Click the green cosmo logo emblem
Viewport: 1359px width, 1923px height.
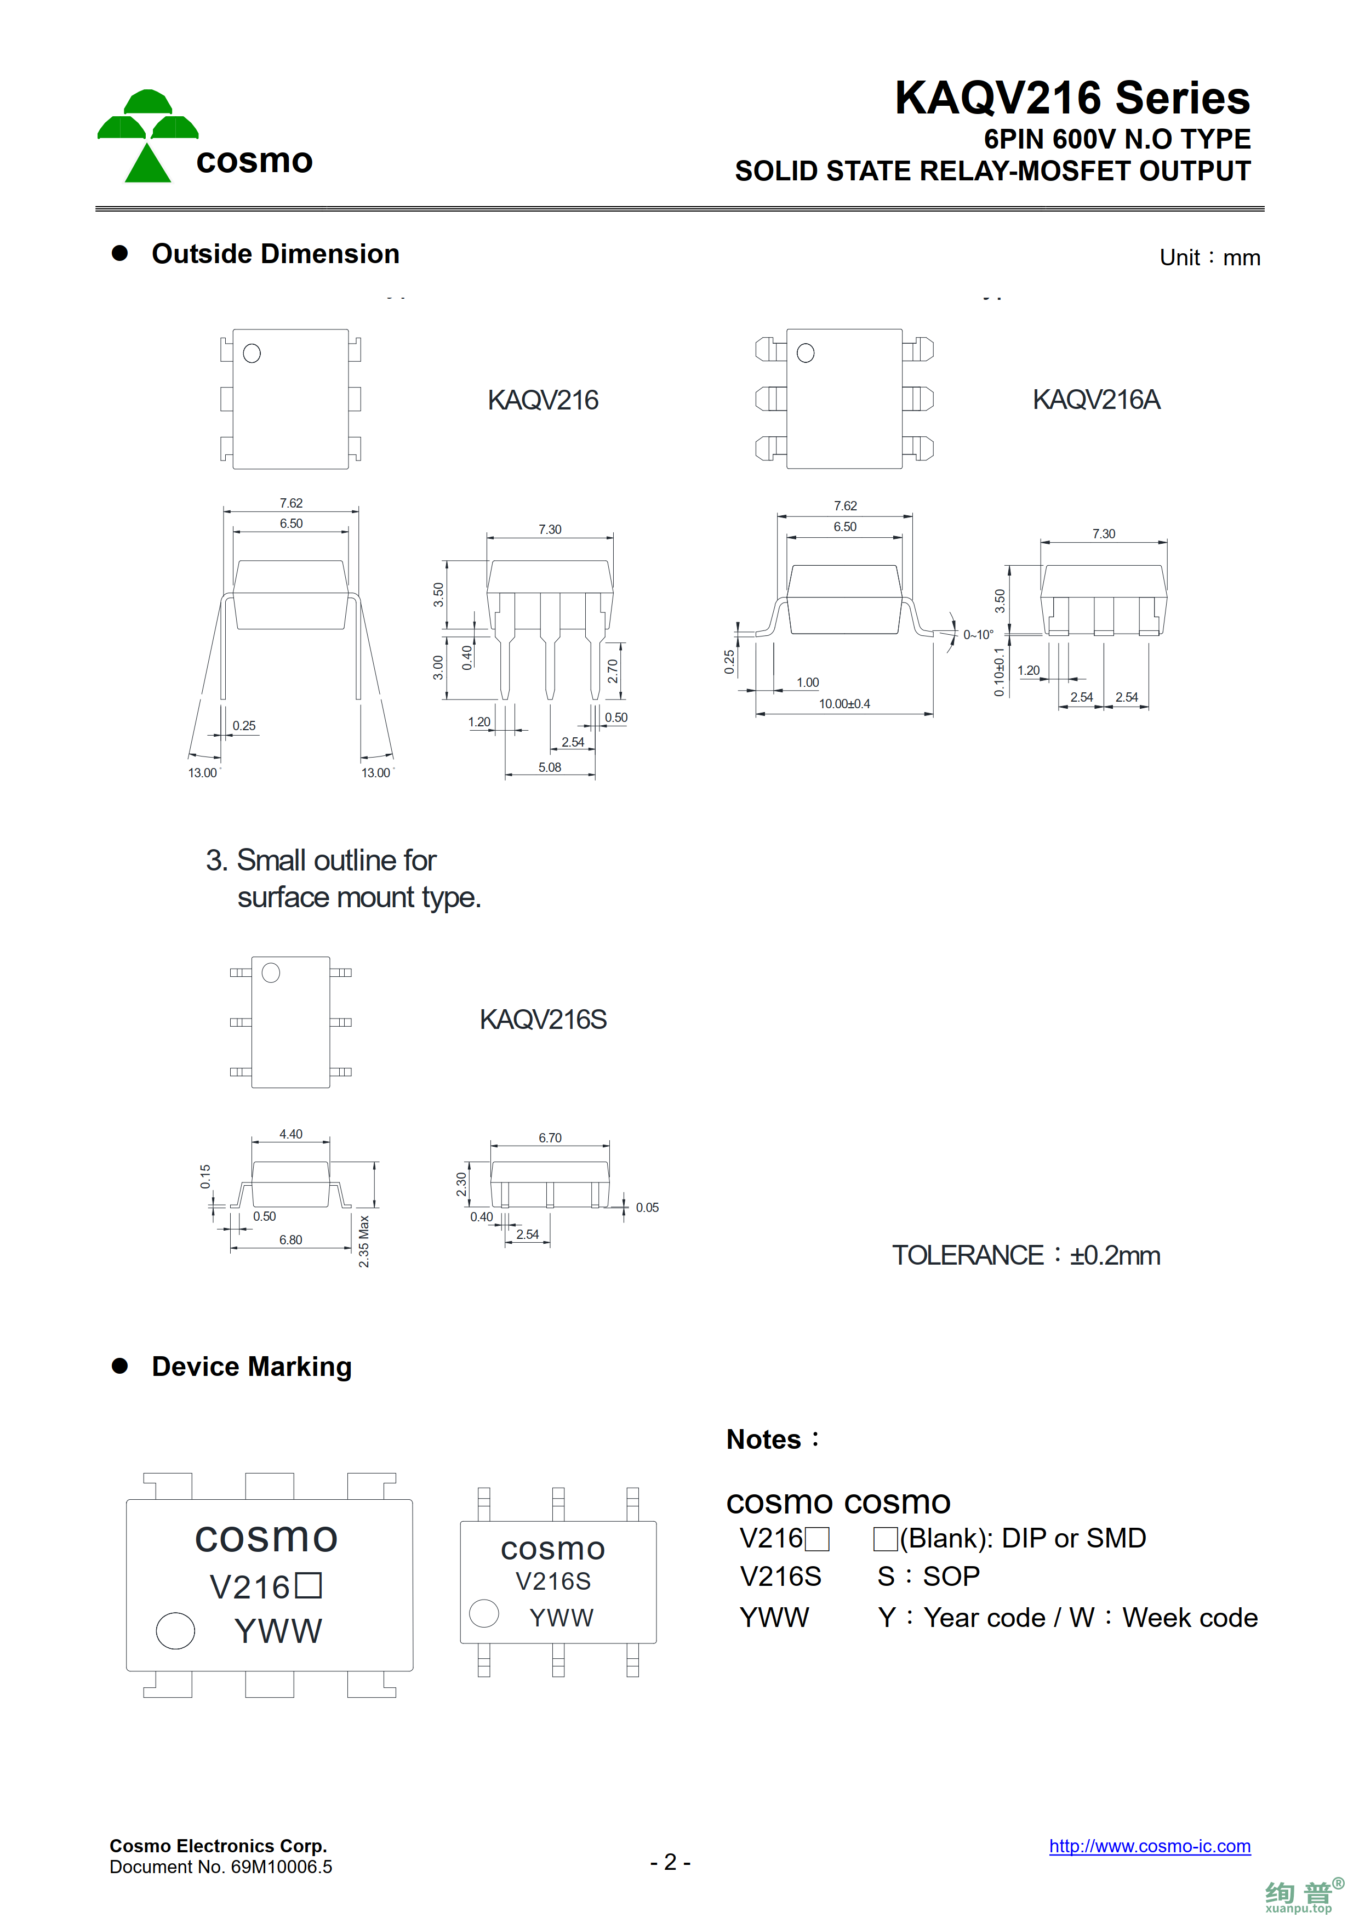coord(147,136)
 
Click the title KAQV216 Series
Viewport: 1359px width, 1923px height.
coord(1072,98)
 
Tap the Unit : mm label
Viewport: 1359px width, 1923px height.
coord(1209,258)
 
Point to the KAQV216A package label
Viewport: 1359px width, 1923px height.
coord(1096,400)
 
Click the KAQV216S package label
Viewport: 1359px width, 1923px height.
coord(543,1019)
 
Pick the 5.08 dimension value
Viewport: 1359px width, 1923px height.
coord(549,767)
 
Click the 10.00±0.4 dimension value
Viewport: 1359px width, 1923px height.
coord(844,703)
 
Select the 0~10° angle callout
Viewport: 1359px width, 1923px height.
coord(978,635)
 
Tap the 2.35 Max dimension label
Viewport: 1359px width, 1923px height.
coord(363,1241)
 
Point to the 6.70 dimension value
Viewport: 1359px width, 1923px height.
coord(550,1137)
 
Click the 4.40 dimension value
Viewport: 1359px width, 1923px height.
coord(290,1134)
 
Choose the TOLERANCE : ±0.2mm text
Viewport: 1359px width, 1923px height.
coord(1026,1255)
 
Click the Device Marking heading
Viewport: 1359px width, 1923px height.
coord(251,1367)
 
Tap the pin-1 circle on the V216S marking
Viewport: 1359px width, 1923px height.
coord(484,1613)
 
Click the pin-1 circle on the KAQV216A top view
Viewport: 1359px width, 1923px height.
coord(806,354)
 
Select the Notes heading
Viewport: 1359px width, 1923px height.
coord(772,1440)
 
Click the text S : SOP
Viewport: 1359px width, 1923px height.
coord(928,1576)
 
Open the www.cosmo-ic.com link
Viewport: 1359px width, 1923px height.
coord(1150,1846)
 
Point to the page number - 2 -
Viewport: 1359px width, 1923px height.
coord(670,1862)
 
